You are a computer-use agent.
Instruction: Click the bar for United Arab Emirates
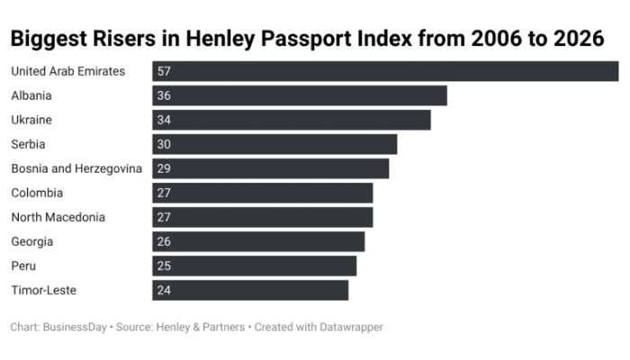(x=385, y=71)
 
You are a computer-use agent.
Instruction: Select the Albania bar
(x=300, y=95)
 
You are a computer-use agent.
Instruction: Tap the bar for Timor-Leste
(x=250, y=290)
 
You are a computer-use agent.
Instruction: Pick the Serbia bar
(x=274, y=144)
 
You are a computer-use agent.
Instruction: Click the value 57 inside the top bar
(x=164, y=71)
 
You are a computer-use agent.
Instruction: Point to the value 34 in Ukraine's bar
(x=164, y=120)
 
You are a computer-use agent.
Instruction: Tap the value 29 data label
(x=164, y=168)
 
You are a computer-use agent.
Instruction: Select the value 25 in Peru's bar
(x=164, y=265)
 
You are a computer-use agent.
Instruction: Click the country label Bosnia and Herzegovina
(x=76, y=168)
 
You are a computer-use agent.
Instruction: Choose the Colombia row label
(x=37, y=193)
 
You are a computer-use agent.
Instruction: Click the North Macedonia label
(x=58, y=217)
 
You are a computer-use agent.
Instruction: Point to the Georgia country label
(x=32, y=241)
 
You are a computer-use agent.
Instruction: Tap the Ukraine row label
(x=31, y=120)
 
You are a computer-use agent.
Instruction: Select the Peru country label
(x=23, y=265)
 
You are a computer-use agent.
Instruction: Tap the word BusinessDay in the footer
(x=75, y=328)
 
